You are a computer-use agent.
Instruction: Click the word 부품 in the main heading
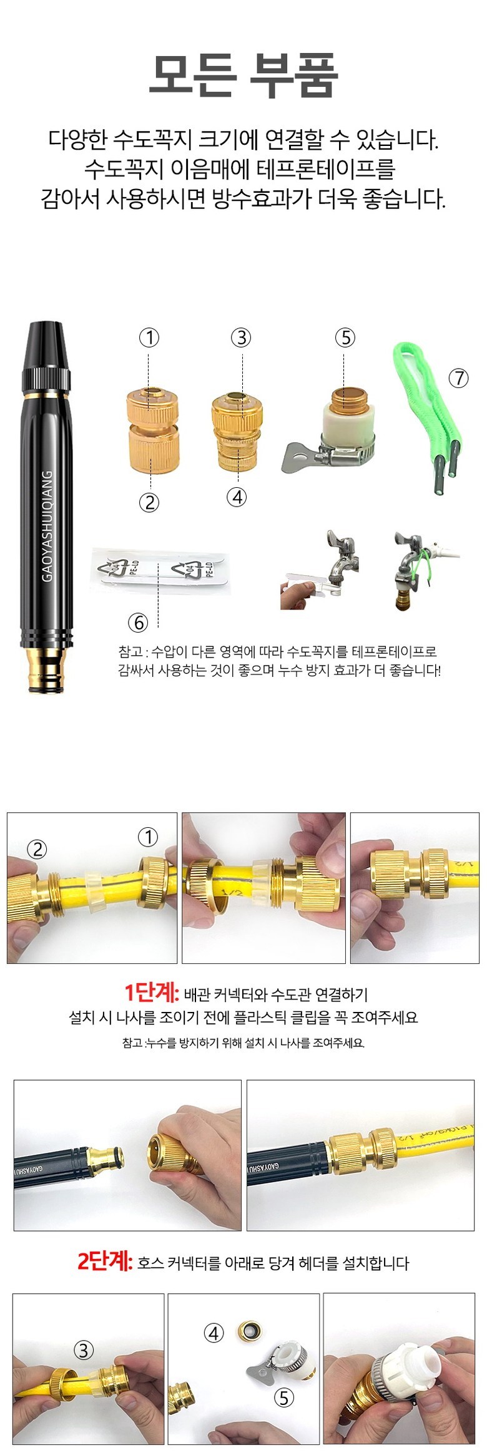(x=294, y=75)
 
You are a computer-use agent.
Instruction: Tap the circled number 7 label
(x=459, y=377)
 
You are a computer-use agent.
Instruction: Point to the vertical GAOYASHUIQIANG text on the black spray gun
(x=47, y=526)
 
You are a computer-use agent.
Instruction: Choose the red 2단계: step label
(x=105, y=1261)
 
